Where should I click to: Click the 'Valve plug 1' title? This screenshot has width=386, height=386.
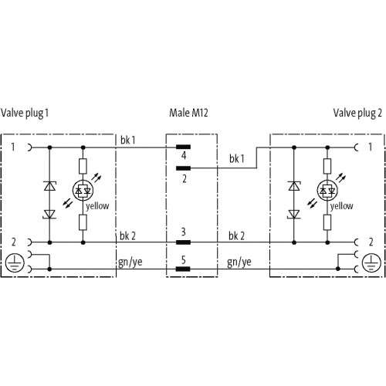[x=25, y=113]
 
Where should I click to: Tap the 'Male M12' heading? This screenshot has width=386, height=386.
[x=188, y=113]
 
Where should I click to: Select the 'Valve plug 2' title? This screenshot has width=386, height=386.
[x=357, y=113]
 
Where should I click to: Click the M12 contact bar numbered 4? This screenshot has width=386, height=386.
[x=183, y=147]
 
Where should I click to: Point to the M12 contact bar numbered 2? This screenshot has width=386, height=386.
[x=183, y=168]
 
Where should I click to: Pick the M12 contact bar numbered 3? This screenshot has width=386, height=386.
[x=183, y=242]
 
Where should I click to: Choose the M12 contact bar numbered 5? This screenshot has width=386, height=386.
[x=183, y=269]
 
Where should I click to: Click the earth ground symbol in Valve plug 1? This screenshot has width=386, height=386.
[x=15, y=262]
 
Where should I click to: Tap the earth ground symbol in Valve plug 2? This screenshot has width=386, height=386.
[x=371, y=262]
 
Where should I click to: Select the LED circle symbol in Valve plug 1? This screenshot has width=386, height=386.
[x=83, y=191]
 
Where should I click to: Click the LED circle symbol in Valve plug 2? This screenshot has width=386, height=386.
[x=327, y=191]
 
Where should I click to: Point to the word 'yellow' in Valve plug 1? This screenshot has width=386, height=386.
[x=97, y=206]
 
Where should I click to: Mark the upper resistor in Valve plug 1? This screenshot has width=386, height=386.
[x=83, y=166]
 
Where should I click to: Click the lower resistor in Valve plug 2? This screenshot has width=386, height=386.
[x=327, y=222]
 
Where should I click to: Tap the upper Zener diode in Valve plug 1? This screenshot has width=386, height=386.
[x=49, y=186]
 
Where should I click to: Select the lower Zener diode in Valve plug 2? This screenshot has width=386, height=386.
[x=294, y=214]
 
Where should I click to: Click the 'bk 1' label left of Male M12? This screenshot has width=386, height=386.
[x=127, y=141]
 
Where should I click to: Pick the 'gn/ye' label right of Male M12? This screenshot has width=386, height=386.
[x=239, y=262]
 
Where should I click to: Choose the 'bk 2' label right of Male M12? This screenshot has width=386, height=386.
[x=236, y=236]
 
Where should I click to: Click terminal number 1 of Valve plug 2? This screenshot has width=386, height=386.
[x=371, y=147]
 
